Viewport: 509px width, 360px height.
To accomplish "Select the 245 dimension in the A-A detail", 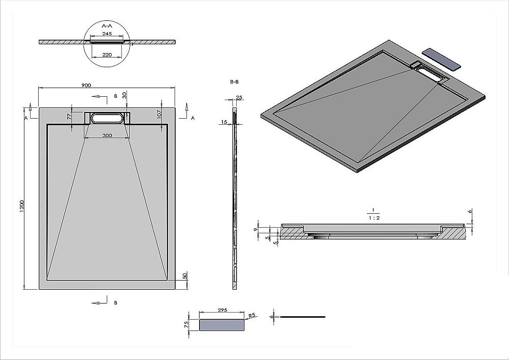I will click(107, 34).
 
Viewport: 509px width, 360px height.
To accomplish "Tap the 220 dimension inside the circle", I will click(107, 54).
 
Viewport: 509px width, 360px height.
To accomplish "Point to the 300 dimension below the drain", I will click(107, 135).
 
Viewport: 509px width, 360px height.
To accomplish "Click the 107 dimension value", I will click(159, 115).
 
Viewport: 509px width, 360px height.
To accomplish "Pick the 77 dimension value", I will click(69, 117).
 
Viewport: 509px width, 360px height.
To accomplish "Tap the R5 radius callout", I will click(251, 316).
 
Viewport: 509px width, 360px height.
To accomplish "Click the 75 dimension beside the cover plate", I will click(187, 324).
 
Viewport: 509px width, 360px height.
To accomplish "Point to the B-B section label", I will click(235, 82).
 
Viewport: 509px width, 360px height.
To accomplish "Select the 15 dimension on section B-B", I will click(224, 122).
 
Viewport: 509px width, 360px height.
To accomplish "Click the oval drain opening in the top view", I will click(107, 118).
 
